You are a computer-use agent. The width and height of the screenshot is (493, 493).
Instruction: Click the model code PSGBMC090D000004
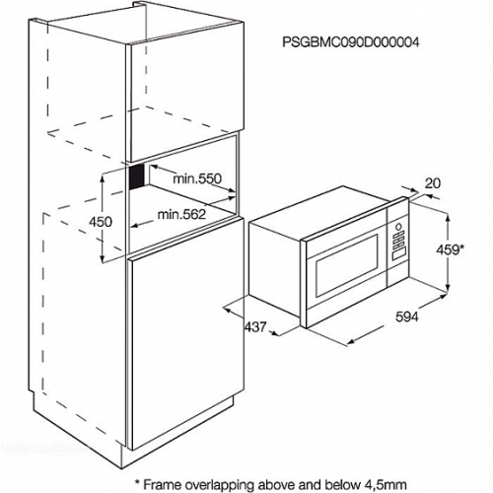pos(351,42)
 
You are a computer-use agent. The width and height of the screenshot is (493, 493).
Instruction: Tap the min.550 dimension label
pos(197,178)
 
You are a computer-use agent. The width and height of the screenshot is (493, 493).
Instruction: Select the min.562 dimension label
pos(181,214)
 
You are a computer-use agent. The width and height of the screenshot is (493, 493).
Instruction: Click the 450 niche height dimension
pos(101,222)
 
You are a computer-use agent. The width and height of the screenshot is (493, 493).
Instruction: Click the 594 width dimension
pos(407,317)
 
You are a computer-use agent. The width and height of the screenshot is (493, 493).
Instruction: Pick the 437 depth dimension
pos(255,326)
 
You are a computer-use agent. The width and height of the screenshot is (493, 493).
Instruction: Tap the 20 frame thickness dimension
pos(433,183)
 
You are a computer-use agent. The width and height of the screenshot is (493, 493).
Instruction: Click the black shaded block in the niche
pos(137,176)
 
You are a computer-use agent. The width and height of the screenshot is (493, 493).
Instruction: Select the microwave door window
pos(346,264)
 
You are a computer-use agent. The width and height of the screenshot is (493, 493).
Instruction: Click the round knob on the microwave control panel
pos(398,227)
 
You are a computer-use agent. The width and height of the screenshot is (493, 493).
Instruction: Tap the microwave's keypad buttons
pos(397,242)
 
